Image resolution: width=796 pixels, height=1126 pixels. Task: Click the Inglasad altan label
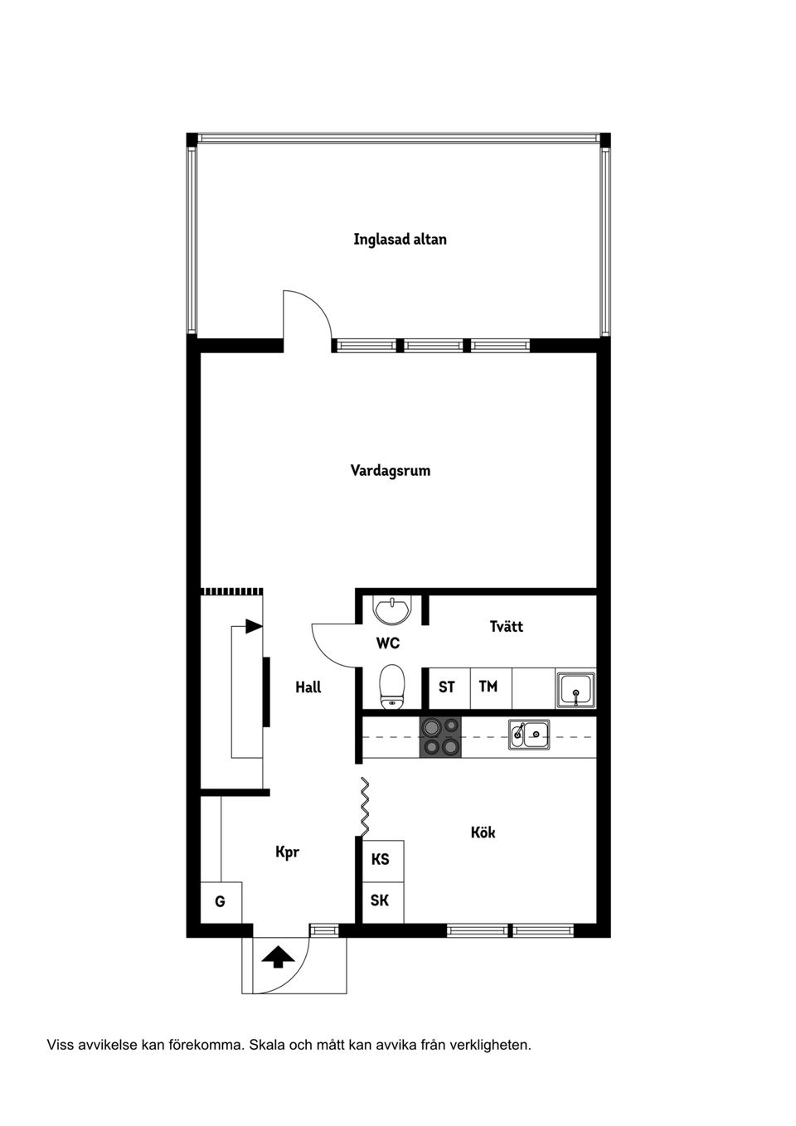(400, 240)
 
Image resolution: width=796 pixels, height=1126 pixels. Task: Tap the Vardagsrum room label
(390, 471)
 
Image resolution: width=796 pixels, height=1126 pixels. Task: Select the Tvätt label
(506, 627)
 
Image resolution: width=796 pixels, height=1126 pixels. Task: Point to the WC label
(387, 643)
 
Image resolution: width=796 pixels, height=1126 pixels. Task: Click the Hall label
(308, 687)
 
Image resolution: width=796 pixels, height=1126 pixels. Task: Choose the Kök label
(483, 832)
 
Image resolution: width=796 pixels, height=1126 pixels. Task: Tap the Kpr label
(287, 852)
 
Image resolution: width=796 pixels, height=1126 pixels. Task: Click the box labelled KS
(381, 860)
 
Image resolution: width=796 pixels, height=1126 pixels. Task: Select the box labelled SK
(381, 901)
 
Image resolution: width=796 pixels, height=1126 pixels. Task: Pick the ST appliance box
(447, 687)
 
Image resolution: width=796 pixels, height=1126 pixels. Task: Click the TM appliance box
(488, 687)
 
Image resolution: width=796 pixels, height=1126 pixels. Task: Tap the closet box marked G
(221, 902)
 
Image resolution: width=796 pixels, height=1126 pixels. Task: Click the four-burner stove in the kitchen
(440, 737)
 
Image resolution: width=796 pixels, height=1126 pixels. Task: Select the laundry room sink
(575, 690)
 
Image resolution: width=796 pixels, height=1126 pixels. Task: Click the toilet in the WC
(391, 686)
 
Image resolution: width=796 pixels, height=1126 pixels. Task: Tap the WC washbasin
(391, 610)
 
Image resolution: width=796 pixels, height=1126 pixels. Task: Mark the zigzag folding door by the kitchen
(364, 807)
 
